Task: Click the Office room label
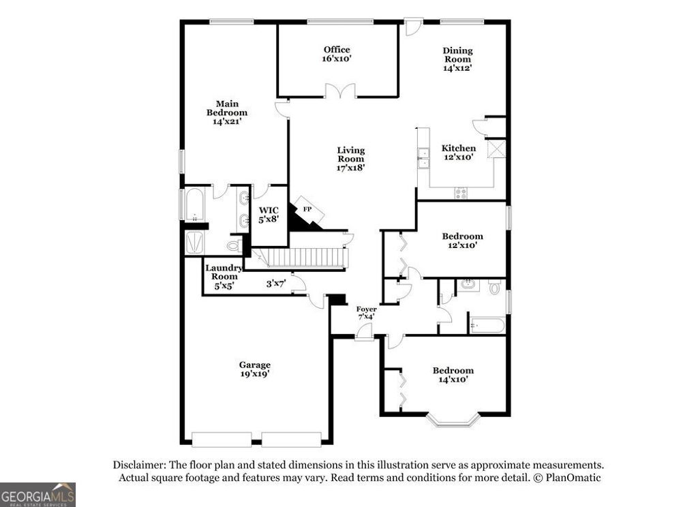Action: click(x=337, y=54)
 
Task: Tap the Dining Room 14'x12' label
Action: click(x=457, y=59)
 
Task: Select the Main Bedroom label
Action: click(x=227, y=112)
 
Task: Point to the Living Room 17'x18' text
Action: click(x=351, y=159)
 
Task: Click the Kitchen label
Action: click(x=459, y=153)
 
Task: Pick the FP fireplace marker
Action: click(x=307, y=209)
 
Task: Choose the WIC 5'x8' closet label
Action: click(x=269, y=215)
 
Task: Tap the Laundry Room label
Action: click(x=224, y=277)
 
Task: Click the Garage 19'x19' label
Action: click(x=254, y=369)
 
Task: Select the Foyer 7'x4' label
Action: click(x=367, y=313)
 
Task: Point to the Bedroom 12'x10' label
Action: click(x=462, y=241)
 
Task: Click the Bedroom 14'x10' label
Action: click(x=453, y=375)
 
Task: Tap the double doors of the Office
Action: click(x=339, y=91)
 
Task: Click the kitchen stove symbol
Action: click(x=461, y=193)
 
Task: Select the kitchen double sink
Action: click(x=423, y=157)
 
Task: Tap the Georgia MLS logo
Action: click(x=37, y=494)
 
